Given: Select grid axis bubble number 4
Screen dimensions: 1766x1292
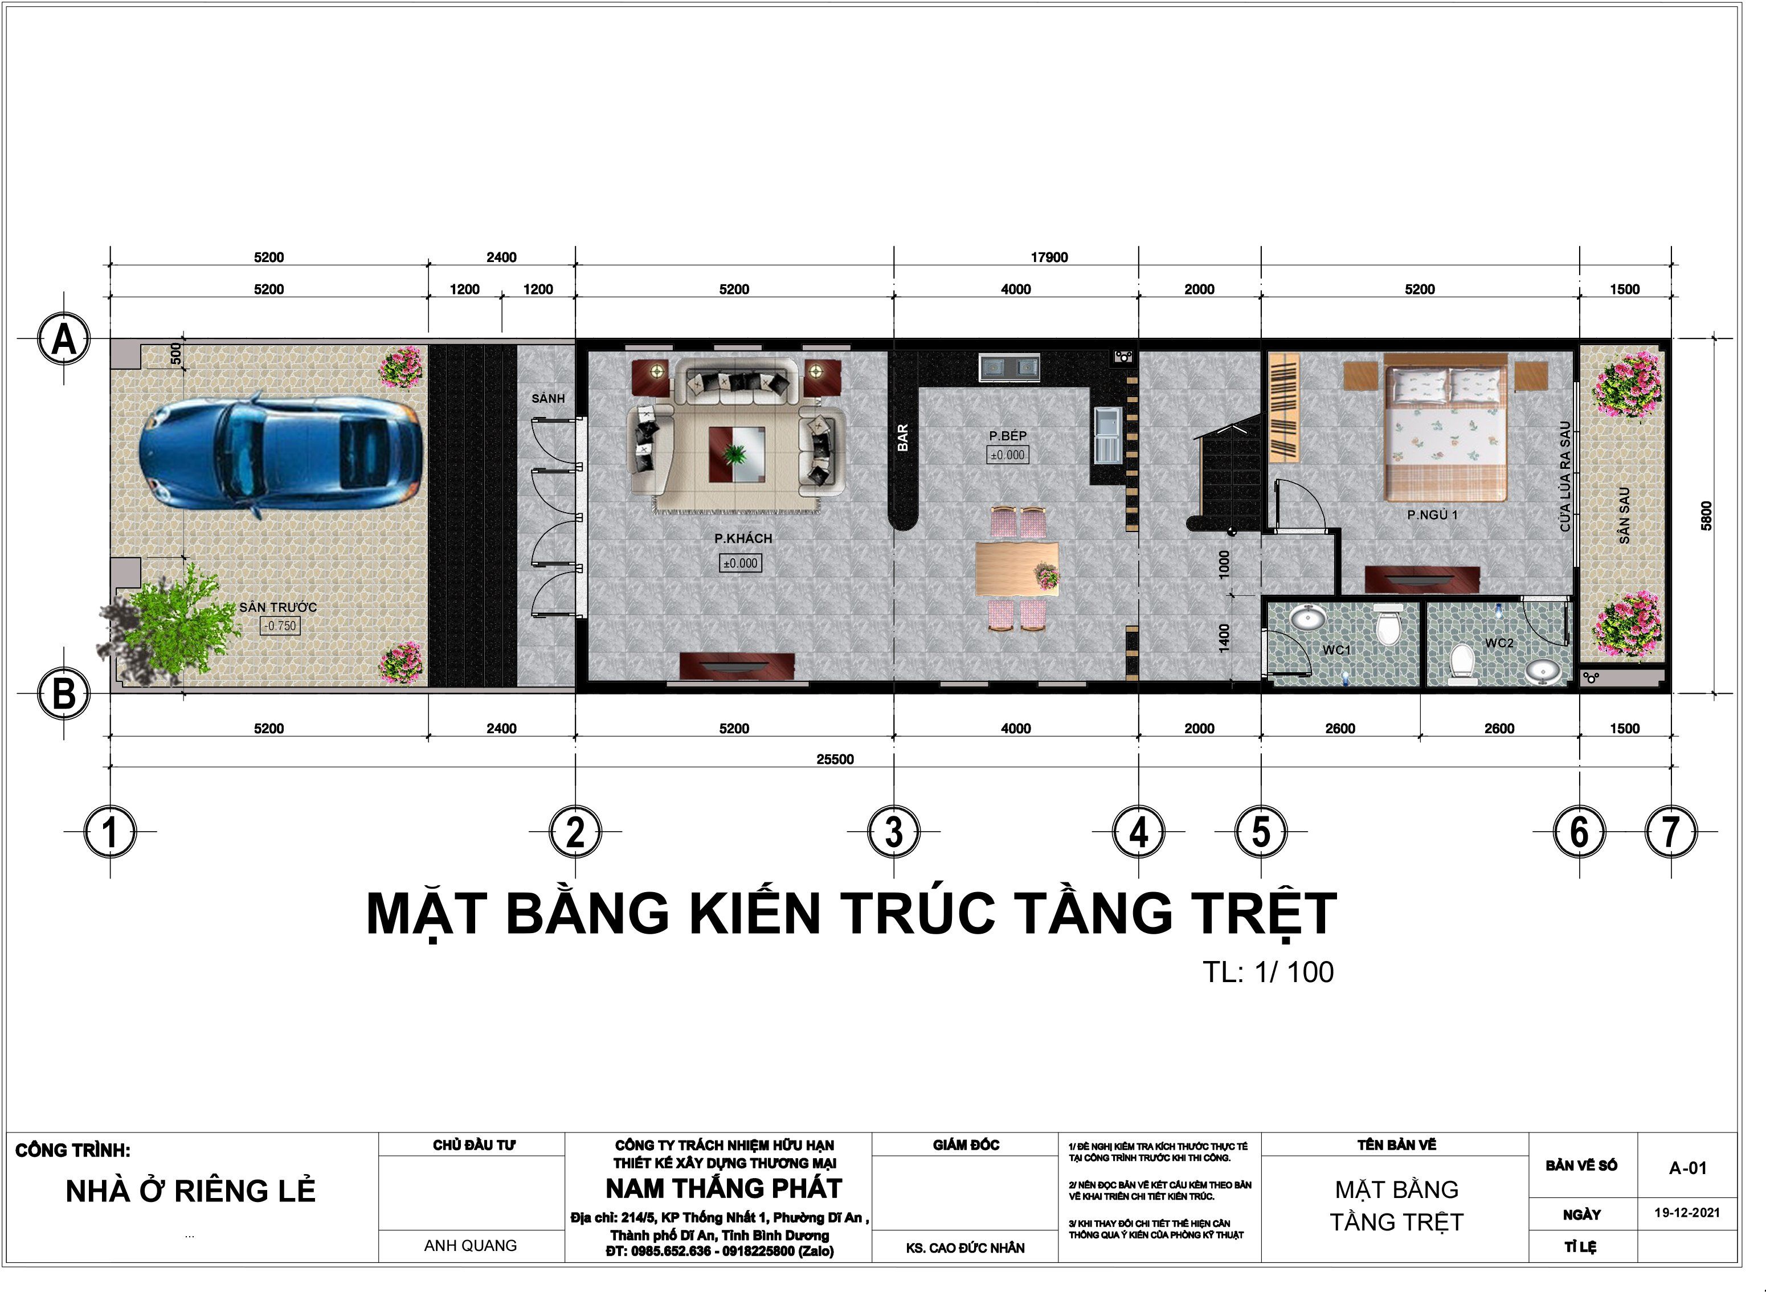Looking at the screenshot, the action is tap(1139, 831).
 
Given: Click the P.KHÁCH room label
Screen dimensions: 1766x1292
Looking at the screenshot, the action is tap(742, 538).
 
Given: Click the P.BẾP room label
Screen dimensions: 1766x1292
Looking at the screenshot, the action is tap(1007, 436).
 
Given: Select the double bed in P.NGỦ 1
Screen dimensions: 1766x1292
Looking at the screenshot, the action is tap(1445, 428).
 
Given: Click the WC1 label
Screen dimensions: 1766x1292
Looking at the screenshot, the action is tap(1336, 650).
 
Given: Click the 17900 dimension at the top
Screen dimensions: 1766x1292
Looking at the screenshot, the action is tap(1049, 257).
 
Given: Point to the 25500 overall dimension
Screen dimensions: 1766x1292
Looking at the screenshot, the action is tap(835, 759).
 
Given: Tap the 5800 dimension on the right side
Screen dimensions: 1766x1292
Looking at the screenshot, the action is tap(1707, 516).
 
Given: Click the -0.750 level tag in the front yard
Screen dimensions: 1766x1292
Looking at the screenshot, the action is tap(280, 625).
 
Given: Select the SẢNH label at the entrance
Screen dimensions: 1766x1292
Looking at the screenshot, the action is tap(547, 398).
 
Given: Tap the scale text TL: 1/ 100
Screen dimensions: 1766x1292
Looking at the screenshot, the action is tap(1268, 972).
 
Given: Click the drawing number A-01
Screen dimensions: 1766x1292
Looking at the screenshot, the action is tap(1688, 1168).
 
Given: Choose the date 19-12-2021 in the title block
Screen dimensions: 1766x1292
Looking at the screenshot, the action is tap(1687, 1213).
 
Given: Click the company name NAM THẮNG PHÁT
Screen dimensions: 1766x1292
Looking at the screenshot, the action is tap(723, 1189).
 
